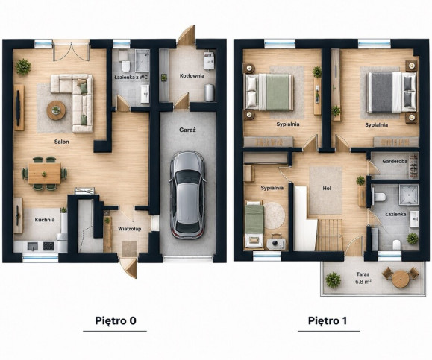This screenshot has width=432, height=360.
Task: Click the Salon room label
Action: [x=61, y=142]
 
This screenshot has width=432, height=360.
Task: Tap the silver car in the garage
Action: [x=188, y=195]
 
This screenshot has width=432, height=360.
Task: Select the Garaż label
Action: [x=187, y=130]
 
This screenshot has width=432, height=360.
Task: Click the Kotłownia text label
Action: [x=192, y=76]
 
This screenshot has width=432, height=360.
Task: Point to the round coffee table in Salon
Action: [x=56, y=110]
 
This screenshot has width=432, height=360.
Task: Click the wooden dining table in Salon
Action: [x=44, y=174]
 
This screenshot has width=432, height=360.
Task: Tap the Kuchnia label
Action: [x=45, y=220]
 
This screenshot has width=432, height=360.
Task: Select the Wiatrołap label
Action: [x=130, y=229]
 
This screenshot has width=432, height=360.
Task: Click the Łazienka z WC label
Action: [x=131, y=78]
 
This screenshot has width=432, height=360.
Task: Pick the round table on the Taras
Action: [x=401, y=279]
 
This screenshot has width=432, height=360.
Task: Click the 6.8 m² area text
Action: [x=363, y=282]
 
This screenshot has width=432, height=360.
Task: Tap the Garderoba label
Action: [x=395, y=162]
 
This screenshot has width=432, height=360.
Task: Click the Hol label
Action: [x=327, y=189]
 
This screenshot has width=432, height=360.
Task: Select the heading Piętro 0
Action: [x=116, y=321]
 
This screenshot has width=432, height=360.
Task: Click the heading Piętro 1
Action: [x=328, y=321]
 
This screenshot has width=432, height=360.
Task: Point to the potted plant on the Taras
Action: [x=333, y=280]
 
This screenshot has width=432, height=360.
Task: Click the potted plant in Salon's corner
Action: [x=23, y=66]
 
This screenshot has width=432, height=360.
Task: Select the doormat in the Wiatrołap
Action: [x=130, y=249]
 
